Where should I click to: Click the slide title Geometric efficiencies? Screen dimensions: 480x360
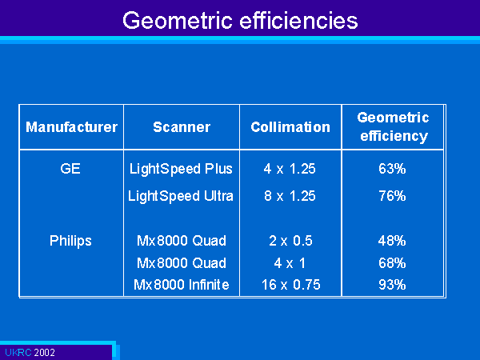pos(240,21)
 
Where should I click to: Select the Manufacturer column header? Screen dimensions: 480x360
pos(72,127)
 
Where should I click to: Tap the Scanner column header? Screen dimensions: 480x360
pos(182,127)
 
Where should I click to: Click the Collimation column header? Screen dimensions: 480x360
pos(290,127)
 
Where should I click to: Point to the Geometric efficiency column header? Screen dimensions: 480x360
pos(393,127)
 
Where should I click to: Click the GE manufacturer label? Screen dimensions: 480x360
pos(70,169)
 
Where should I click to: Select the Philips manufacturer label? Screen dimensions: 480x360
pos(70,241)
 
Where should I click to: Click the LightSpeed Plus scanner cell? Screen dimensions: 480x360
pos(181,169)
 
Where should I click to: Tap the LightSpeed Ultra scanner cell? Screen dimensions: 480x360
pos(181,196)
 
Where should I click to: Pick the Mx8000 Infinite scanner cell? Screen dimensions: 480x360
pos(182,285)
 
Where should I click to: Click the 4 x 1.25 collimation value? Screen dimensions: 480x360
pos(290,169)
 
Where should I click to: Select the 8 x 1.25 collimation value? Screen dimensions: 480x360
pos(290,196)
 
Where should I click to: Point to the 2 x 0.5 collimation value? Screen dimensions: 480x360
pos(290,241)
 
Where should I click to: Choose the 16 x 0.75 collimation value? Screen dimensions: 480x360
pos(291,285)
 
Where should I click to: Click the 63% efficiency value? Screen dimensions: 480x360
pos(392,169)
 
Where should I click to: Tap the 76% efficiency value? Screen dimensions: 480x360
pos(392,196)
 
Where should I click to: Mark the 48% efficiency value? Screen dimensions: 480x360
pos(392,241)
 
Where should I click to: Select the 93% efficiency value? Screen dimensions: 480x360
pos(392,285)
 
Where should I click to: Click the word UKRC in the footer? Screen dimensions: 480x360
pos(18,352)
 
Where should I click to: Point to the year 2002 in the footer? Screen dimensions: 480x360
pos(44,352)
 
